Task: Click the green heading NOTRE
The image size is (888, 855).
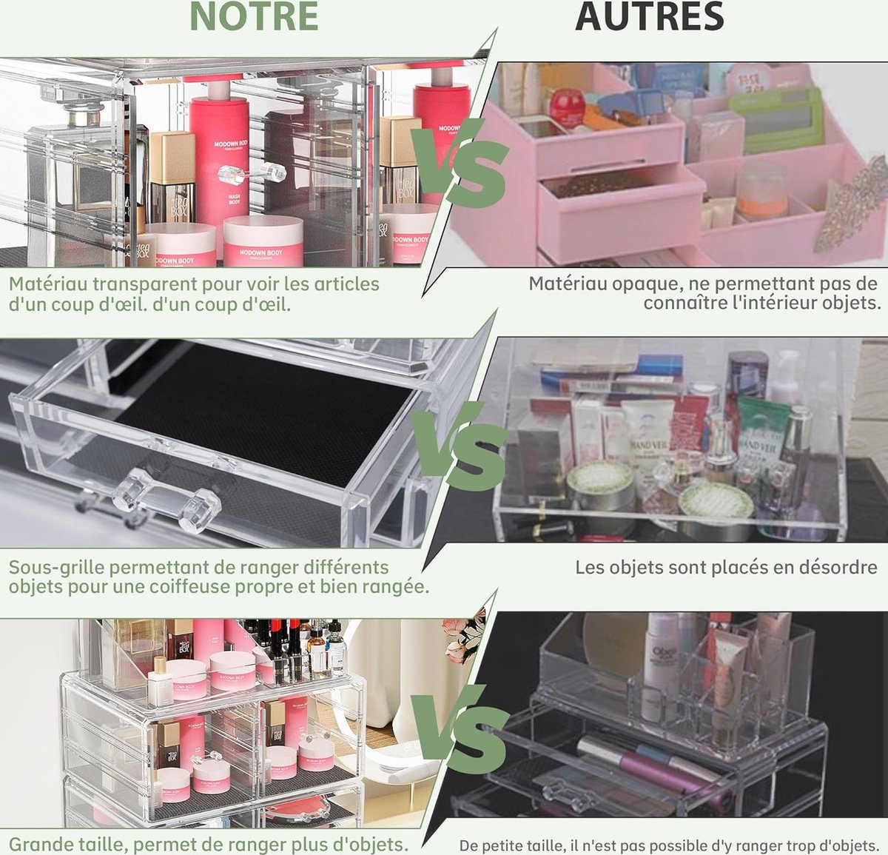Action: pyautogui.click(x=255, y=17)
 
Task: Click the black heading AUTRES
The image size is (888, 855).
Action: pyautogui.click(x=649, y=17)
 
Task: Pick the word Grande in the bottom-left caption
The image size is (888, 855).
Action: pyautogui.click(x=39, y=844)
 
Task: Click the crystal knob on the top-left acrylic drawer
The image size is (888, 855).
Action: pyautogui.click(x=252, y=175)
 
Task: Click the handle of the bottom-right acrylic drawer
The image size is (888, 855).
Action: pyautogui.click(x=569, y=795)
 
